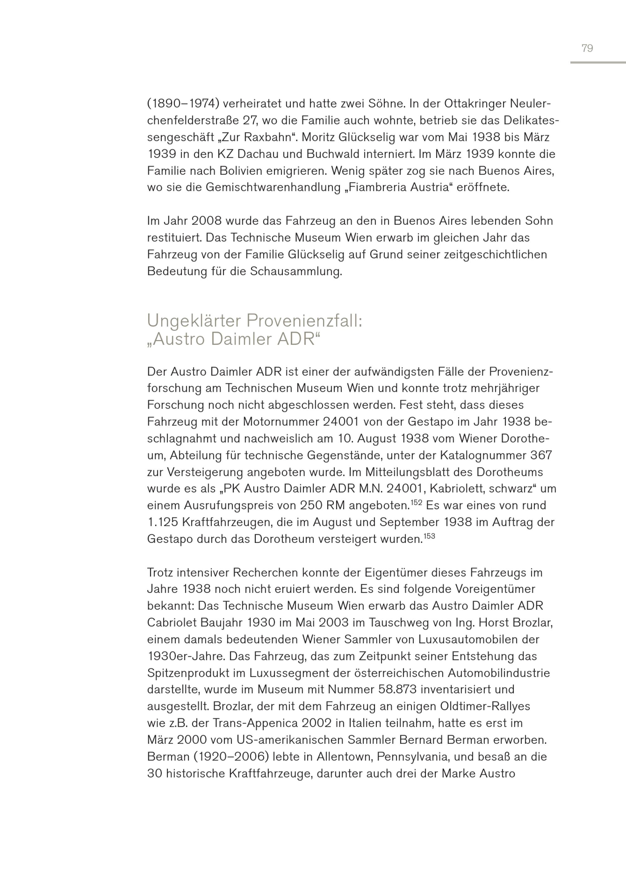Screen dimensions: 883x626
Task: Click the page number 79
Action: [587, 48]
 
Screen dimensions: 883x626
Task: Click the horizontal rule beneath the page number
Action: [598, 63]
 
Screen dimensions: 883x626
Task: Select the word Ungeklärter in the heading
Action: [194, 321]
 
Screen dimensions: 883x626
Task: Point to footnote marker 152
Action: [416, 502]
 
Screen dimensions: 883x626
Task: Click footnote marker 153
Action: [429, 536]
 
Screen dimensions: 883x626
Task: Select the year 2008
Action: [206, 221]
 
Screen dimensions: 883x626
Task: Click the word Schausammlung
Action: [296, 271]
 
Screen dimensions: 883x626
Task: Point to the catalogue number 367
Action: [541, 455]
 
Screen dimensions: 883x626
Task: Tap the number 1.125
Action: [162, 522]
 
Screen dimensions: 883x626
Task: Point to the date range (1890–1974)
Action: [183, 104]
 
